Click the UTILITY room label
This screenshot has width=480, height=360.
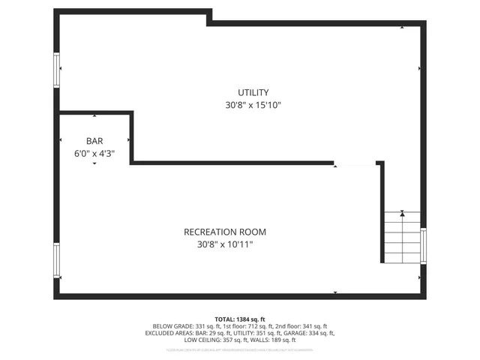(253, 92)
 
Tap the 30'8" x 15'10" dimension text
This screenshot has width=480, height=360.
(253, 106)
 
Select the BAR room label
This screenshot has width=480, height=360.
(94, 140)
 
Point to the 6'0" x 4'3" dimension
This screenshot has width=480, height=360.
(94, 153)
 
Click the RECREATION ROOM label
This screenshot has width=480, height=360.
(225, 232)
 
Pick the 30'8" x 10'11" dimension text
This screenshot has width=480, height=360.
(225, 244)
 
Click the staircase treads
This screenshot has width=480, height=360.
(403, 238)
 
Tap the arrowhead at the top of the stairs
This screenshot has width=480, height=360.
(403, 214)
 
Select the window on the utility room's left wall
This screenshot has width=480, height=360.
(57, 70)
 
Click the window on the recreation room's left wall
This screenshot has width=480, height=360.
(57, 260)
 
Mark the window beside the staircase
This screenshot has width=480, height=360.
(424, 246)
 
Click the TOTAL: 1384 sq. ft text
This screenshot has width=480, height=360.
(240, 319)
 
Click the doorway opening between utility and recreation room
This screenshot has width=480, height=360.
(355, 163)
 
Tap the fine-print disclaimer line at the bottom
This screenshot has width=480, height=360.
(240, 349)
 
